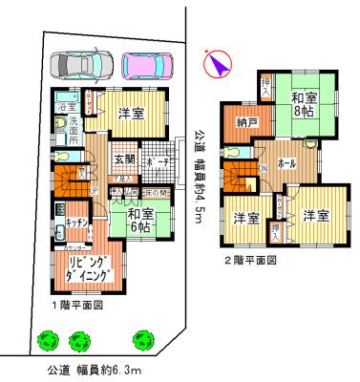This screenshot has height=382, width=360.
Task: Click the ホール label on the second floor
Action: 285,163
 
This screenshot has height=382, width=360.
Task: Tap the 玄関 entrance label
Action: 124,159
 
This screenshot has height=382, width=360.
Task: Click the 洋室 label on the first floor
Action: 132,114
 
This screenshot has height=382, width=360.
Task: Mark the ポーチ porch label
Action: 158,159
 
